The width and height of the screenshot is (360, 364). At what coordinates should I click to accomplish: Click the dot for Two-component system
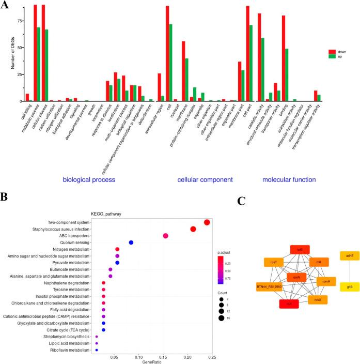tap(207, 222)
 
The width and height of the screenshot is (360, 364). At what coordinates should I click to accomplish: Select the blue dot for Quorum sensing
tap(131, 242)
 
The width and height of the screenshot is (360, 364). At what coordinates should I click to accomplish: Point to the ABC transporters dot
tap(166, 236)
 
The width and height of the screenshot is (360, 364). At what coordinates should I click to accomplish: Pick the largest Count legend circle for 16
tap(224, 318)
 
